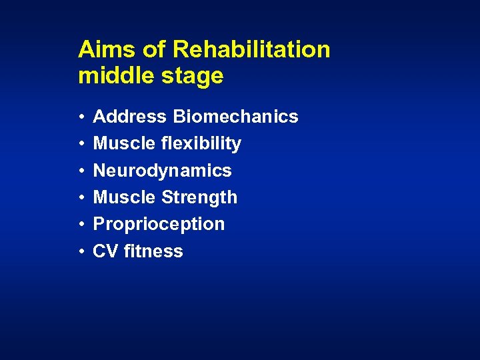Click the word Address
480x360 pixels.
point(130,117)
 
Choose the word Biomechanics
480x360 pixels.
point(235,117)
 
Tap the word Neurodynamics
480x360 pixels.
point(163,171)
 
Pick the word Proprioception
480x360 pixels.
point(159,225)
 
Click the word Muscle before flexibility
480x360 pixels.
point(124,144)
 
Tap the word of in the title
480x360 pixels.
point(149,49)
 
